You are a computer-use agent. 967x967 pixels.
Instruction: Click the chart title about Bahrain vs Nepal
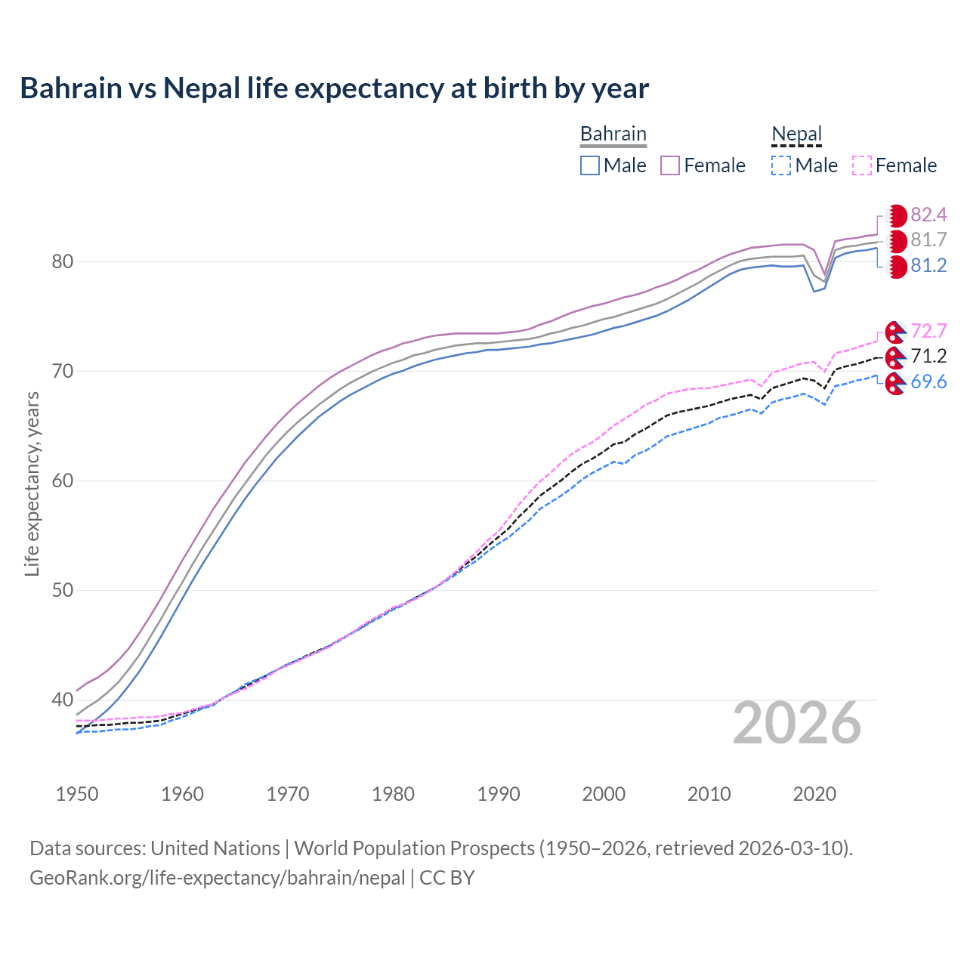pyautogui.click(x=334, y=88)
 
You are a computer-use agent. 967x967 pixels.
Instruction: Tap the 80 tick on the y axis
pyautogui.click(x=62, y=262)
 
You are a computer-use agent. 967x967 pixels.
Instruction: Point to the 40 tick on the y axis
pyautogui.click(x=62, y=700)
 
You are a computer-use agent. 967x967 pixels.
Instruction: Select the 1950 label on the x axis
pyautogui.click(x=77, y=794)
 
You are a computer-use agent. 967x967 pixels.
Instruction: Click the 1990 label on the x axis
pyautogui.click(x=499, y=794)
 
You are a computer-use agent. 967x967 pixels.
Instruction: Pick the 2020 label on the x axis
pyautogui.click(x=814, y=794)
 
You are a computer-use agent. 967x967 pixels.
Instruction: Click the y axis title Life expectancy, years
pyautogui.click(x=32, y=483)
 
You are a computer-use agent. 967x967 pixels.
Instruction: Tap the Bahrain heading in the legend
pyautogui.click(x=613, y=134)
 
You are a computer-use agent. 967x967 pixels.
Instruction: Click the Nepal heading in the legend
pyautogui.click(x=796, y=134)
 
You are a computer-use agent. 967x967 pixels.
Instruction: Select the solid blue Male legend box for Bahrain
pyautogui.click(x=590, y=165)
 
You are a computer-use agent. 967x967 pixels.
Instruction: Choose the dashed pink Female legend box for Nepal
pyautogui.click(x=862, y=165)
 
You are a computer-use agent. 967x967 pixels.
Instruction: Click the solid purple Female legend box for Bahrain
pyautogui.click(x=670, y=165)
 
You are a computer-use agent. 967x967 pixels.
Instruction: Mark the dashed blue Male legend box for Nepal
pyautogui.click(x=781, y=165)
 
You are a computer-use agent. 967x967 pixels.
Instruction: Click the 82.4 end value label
pyautogui.click(x=928, y=215)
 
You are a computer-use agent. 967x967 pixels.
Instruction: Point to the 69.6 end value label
pyautogui.click(x=928, y=382)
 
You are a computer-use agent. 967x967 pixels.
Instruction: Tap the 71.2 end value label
pyautogui.click(x=928, y=357)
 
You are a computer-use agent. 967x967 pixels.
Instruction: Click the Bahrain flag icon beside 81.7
pyautogui.click(x=897, y=241)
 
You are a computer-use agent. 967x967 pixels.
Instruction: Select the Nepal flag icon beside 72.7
pyautogui.click(x=895, y=332)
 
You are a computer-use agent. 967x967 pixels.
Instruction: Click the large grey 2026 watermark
pyautogui.click(x=797, y=723)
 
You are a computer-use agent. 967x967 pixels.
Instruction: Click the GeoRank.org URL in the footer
pyautogui.click(x=218, y=878)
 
